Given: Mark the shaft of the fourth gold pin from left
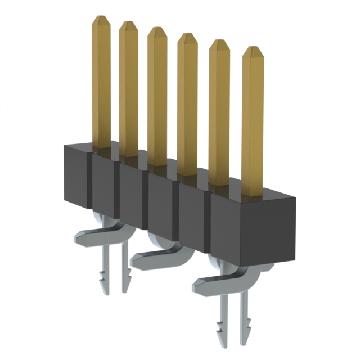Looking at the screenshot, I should coord(187,107).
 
